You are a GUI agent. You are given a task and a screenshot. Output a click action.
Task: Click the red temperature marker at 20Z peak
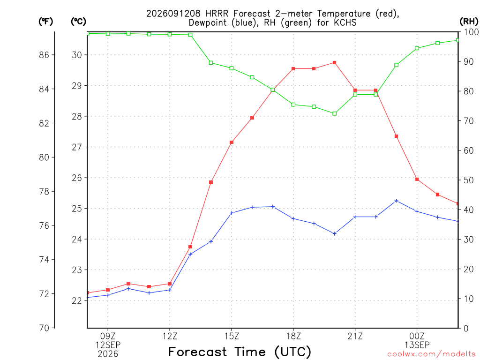point(335,63)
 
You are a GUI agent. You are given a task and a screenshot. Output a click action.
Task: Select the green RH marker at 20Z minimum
point(335,113)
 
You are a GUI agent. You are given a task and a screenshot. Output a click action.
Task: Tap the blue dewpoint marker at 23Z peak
point(397,201)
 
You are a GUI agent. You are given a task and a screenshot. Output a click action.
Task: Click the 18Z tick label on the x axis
point(293,337)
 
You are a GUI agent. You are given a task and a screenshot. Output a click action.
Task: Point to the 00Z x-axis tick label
point(417,337)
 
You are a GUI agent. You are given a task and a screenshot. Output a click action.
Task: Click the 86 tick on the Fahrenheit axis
point(44,55)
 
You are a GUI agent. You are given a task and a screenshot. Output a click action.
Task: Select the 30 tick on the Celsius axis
point(77,55)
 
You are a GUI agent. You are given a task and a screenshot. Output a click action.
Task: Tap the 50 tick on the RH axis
point(468,180)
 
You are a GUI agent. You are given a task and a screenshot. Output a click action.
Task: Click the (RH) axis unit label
point(469,22)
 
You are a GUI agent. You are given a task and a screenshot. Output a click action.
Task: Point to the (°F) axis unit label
point(45,22)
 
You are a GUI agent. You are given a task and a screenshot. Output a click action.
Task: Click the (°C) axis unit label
point(78,22)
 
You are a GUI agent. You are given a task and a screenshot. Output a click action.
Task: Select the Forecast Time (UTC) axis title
point(240,352)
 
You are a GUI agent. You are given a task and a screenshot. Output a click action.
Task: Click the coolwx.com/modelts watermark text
point(431,354)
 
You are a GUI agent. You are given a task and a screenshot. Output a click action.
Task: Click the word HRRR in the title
point(217,14)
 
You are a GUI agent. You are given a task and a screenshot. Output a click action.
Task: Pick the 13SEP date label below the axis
point(417,345)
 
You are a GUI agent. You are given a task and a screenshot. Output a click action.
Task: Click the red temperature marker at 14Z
point(211,182)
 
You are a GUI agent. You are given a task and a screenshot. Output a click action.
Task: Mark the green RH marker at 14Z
point(211,63)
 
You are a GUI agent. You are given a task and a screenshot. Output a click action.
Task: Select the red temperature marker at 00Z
point(417,180)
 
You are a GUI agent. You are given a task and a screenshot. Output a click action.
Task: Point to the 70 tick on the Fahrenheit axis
point(44,328)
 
